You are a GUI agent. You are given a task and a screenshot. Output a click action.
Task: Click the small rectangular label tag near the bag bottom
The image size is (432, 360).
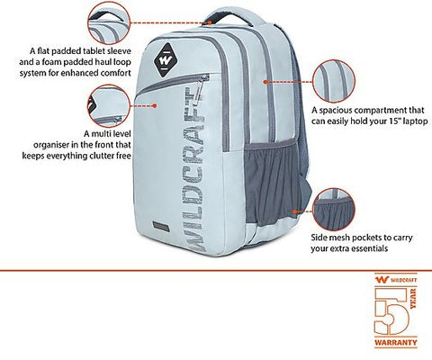[x=160, y=227]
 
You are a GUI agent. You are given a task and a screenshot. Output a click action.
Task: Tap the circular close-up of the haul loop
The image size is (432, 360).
[x=109, y=23]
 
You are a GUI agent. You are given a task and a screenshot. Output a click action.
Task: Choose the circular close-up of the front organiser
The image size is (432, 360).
[x=109, y=105]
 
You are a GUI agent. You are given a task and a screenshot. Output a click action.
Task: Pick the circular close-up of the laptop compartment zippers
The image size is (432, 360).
[x=334, y=81]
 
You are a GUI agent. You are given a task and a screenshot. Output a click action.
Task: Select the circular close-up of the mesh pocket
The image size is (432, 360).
[x=334, y=210]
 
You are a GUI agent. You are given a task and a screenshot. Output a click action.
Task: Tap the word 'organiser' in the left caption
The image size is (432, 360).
[x=52, y=145]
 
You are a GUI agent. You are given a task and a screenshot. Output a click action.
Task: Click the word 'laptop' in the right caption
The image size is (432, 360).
[x=415, y=121]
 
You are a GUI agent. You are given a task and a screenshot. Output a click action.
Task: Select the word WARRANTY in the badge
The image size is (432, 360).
[x=396, y=342]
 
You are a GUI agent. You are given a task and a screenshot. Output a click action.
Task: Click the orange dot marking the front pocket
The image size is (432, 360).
[x=155, y=105]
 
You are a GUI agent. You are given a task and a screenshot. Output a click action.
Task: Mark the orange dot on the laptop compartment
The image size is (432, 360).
[x=265, y=82]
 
